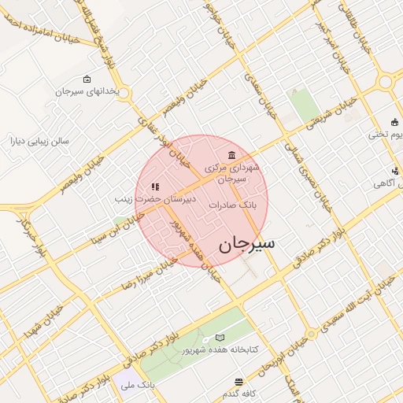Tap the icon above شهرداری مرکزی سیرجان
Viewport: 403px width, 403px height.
231,154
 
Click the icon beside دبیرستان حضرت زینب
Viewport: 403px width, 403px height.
155,187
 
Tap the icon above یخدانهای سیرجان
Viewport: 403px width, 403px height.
86,79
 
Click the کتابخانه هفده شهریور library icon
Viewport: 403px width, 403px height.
220,337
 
